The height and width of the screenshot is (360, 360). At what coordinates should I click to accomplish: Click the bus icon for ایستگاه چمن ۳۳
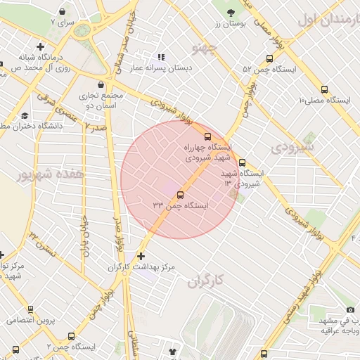point(181,195)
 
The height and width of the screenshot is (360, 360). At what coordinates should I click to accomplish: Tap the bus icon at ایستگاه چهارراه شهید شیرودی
point(207,136)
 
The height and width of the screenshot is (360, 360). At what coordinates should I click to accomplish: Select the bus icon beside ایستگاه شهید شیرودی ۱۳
point(243,162)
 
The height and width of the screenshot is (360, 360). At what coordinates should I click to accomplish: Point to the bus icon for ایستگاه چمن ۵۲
point(270,59)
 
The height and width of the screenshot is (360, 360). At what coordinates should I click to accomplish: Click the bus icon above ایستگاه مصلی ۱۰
point(324,89)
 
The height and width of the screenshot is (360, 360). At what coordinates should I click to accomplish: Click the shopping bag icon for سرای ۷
point(63,12)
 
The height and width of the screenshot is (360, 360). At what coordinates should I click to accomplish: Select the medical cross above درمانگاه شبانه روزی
point(40,46)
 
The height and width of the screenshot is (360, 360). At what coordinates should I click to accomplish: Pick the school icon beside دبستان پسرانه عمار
point(161,57)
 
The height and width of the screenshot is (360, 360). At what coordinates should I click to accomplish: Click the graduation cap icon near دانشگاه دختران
point(25,115)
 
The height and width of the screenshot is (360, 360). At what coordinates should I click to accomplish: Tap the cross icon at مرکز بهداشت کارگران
point(142,257)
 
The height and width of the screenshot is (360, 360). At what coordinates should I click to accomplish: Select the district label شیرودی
point(290,148)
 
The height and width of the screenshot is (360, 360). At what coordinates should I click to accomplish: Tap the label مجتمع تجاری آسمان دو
point(104,99)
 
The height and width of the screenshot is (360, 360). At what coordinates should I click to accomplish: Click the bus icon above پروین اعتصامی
point(30,309)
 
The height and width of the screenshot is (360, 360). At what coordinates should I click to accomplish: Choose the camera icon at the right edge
point(350,310)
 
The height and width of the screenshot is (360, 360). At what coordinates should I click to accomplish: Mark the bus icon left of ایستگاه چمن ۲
point(15,349)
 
